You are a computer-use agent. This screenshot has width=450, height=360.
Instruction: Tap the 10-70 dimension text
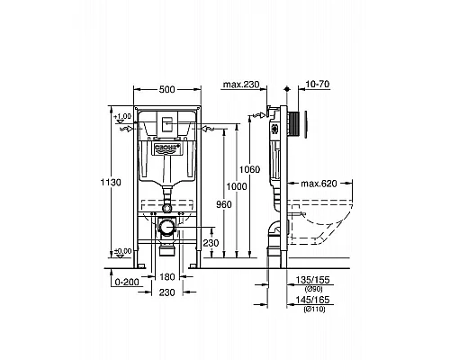pos(319,85)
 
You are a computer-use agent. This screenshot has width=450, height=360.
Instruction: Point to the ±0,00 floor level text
pos(122,251)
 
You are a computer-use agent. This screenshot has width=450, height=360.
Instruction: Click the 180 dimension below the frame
pos(166,278)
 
